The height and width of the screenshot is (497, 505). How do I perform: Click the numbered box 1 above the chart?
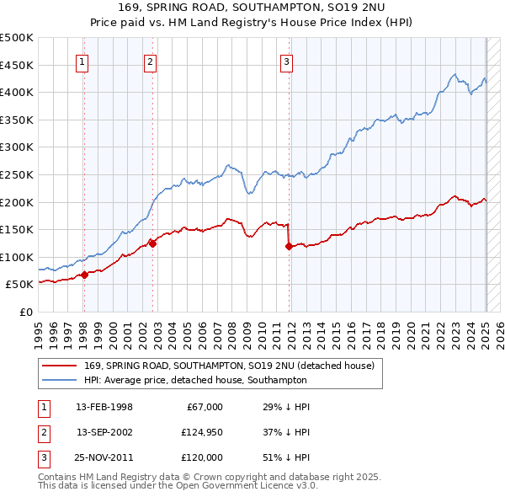tap(83, 61)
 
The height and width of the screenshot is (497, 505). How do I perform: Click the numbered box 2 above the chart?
tap(149, 61)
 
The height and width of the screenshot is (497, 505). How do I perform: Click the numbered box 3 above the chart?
tap(287, 61)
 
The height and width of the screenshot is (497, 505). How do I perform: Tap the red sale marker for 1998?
tap(85, 275)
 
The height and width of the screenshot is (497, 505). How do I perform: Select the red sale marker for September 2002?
tap(153, 243)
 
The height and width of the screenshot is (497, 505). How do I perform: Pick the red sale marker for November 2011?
tap(289, 246)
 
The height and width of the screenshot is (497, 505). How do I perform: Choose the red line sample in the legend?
tap(60, 365)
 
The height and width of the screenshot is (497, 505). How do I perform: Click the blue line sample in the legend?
tap(60, 380)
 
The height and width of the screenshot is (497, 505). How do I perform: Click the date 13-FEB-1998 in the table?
tap(104, 407)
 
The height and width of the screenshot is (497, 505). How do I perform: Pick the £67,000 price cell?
tap(203, 407)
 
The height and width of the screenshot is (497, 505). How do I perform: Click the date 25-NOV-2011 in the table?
tap(104, 457)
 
